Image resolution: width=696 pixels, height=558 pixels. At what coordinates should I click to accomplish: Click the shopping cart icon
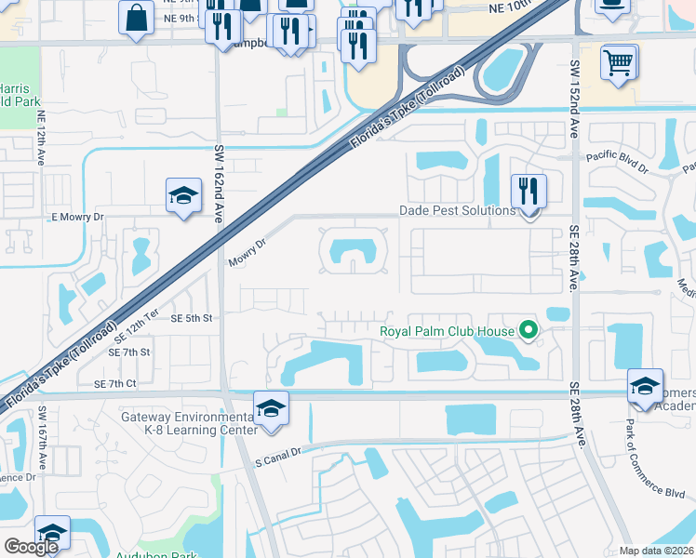[x=618, y=63]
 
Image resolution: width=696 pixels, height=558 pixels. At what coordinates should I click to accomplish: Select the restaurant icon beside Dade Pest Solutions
[x=529, y=193]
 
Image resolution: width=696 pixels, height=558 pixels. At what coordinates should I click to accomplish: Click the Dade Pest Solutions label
[x=457, y=211]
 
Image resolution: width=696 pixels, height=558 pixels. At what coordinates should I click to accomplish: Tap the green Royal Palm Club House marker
[x=529, y=329]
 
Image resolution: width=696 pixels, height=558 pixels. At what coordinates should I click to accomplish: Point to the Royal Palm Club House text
[x=448, y=329]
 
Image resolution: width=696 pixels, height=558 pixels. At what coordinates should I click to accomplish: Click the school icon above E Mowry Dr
[x=183, y=196]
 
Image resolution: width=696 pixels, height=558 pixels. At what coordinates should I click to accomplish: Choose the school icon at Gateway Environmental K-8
[x=271, y=408]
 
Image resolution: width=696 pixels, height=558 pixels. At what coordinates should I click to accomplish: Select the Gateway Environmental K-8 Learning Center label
[x=189, y=423]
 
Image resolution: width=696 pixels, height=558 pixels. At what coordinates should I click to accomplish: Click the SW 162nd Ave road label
[x=220, y=182]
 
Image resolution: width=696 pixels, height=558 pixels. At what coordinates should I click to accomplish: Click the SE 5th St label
[x=193, y=318]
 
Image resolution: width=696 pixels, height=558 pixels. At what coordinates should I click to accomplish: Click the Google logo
[x=31, y=547]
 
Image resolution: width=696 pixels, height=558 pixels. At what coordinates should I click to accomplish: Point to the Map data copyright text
[x=657, y=551]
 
